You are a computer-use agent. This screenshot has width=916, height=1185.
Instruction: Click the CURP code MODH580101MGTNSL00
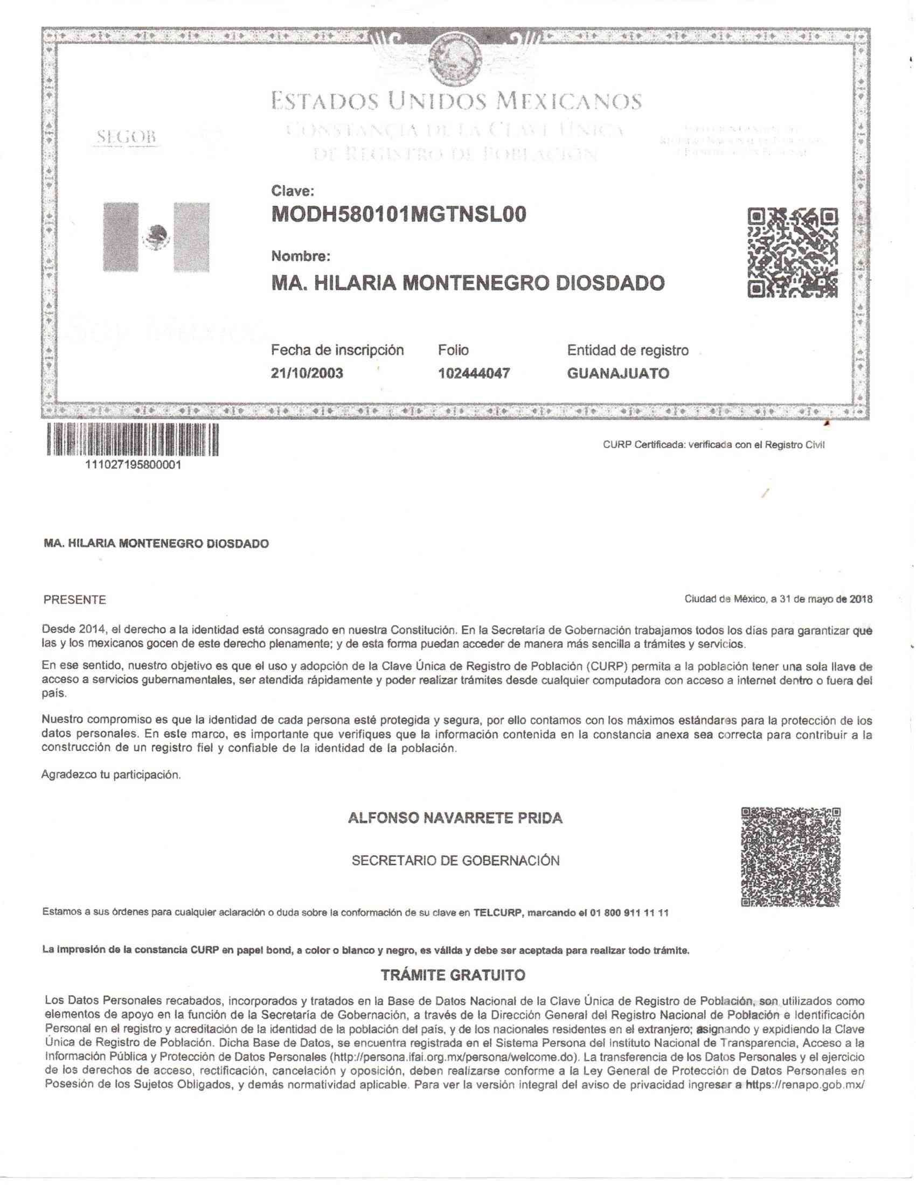398,215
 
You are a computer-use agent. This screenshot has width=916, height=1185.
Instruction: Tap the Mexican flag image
156,237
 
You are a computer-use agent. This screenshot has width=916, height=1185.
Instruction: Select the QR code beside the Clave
793,253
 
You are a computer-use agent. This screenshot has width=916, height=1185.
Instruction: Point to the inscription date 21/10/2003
307,373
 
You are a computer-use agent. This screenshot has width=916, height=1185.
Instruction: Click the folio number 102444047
474,373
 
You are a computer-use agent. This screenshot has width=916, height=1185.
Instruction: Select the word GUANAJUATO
617,373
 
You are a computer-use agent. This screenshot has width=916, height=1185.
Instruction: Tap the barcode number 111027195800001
133,465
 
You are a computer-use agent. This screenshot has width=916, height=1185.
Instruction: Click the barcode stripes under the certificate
133,440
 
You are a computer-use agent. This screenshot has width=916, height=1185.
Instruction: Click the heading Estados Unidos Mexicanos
456,101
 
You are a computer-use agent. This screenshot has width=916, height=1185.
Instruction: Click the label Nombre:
300,256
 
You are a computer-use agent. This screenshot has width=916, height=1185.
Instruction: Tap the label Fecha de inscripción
337,350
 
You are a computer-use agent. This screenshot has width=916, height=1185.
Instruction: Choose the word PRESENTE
75,600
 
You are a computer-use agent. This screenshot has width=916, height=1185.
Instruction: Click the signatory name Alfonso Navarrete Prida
455,818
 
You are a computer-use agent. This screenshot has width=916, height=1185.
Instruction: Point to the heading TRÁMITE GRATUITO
453,975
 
